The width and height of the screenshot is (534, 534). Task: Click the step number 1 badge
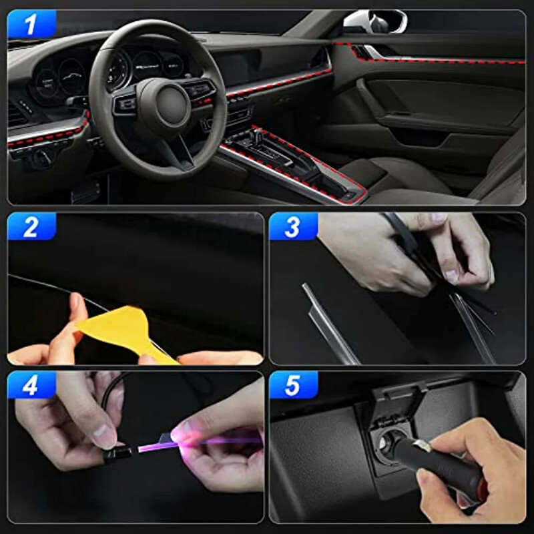29,25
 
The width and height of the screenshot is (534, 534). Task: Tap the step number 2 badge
31,228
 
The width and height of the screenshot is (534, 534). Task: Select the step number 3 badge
292,227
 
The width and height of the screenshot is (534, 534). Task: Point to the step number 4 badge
31,385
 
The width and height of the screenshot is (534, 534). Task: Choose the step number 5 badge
292,385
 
